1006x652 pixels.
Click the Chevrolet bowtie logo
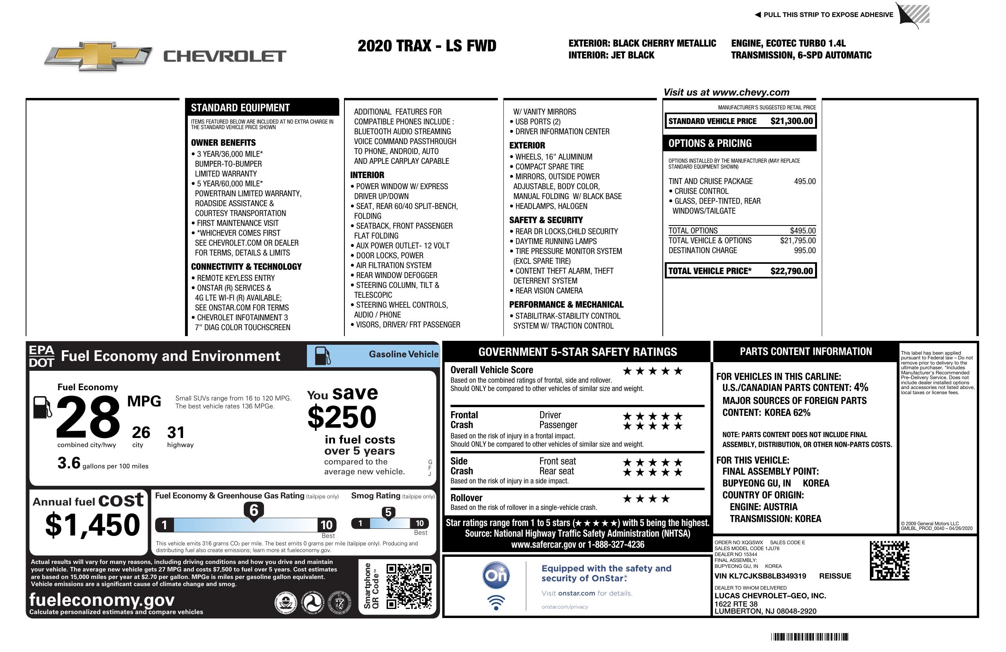[98, 56]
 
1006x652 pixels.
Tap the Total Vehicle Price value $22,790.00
[791, 271]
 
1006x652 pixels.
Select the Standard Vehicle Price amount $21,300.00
[791, 121]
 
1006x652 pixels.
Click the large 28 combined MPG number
[88, 417]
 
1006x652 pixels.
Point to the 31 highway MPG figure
[176, 432]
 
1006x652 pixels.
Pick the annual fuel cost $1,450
[93, 525]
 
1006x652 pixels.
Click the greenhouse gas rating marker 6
[254, 511]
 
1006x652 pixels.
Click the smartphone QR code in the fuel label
[409, 586]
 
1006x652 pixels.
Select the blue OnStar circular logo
[496, 575]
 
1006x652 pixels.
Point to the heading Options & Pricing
[710, 143]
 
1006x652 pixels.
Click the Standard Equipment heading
[240, 108]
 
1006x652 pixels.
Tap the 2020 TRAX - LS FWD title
[427, 46]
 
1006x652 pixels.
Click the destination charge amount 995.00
[804, 250]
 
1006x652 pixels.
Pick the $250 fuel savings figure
[342, 417]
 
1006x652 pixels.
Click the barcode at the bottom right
[810, 637]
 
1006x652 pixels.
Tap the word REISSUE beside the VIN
[835, 576]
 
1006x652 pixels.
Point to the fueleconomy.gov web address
[102, 600]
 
